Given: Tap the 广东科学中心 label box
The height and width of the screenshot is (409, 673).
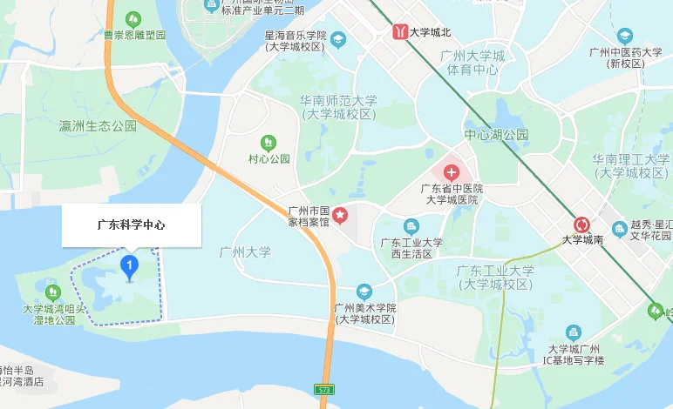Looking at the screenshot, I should pos(132,225).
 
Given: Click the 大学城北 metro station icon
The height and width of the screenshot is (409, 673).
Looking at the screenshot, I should pos(399,32).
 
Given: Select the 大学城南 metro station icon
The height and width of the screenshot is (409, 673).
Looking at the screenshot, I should pos(582,223).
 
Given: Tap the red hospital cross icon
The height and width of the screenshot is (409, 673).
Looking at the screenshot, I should pos(452,171).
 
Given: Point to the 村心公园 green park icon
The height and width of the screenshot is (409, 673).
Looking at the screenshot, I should pos(269,142).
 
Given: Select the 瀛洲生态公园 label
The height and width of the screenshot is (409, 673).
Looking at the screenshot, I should pos(98,126).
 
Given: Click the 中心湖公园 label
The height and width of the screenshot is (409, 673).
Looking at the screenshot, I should pos(496,136).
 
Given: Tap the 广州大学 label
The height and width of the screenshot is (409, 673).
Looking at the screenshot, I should pos(247,252).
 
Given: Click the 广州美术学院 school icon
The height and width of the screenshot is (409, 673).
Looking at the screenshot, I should pos(364,291).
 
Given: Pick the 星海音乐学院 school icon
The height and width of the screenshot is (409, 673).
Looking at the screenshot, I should pos(338,39).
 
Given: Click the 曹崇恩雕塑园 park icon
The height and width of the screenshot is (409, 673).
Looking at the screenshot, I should pos(134,18).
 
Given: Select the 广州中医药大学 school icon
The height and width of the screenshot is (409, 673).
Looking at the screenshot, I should pos(624,36).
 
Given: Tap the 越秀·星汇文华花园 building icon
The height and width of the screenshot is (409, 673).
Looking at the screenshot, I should pos(619,228).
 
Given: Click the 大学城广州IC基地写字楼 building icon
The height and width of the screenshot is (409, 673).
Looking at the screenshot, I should pos(574,332).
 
